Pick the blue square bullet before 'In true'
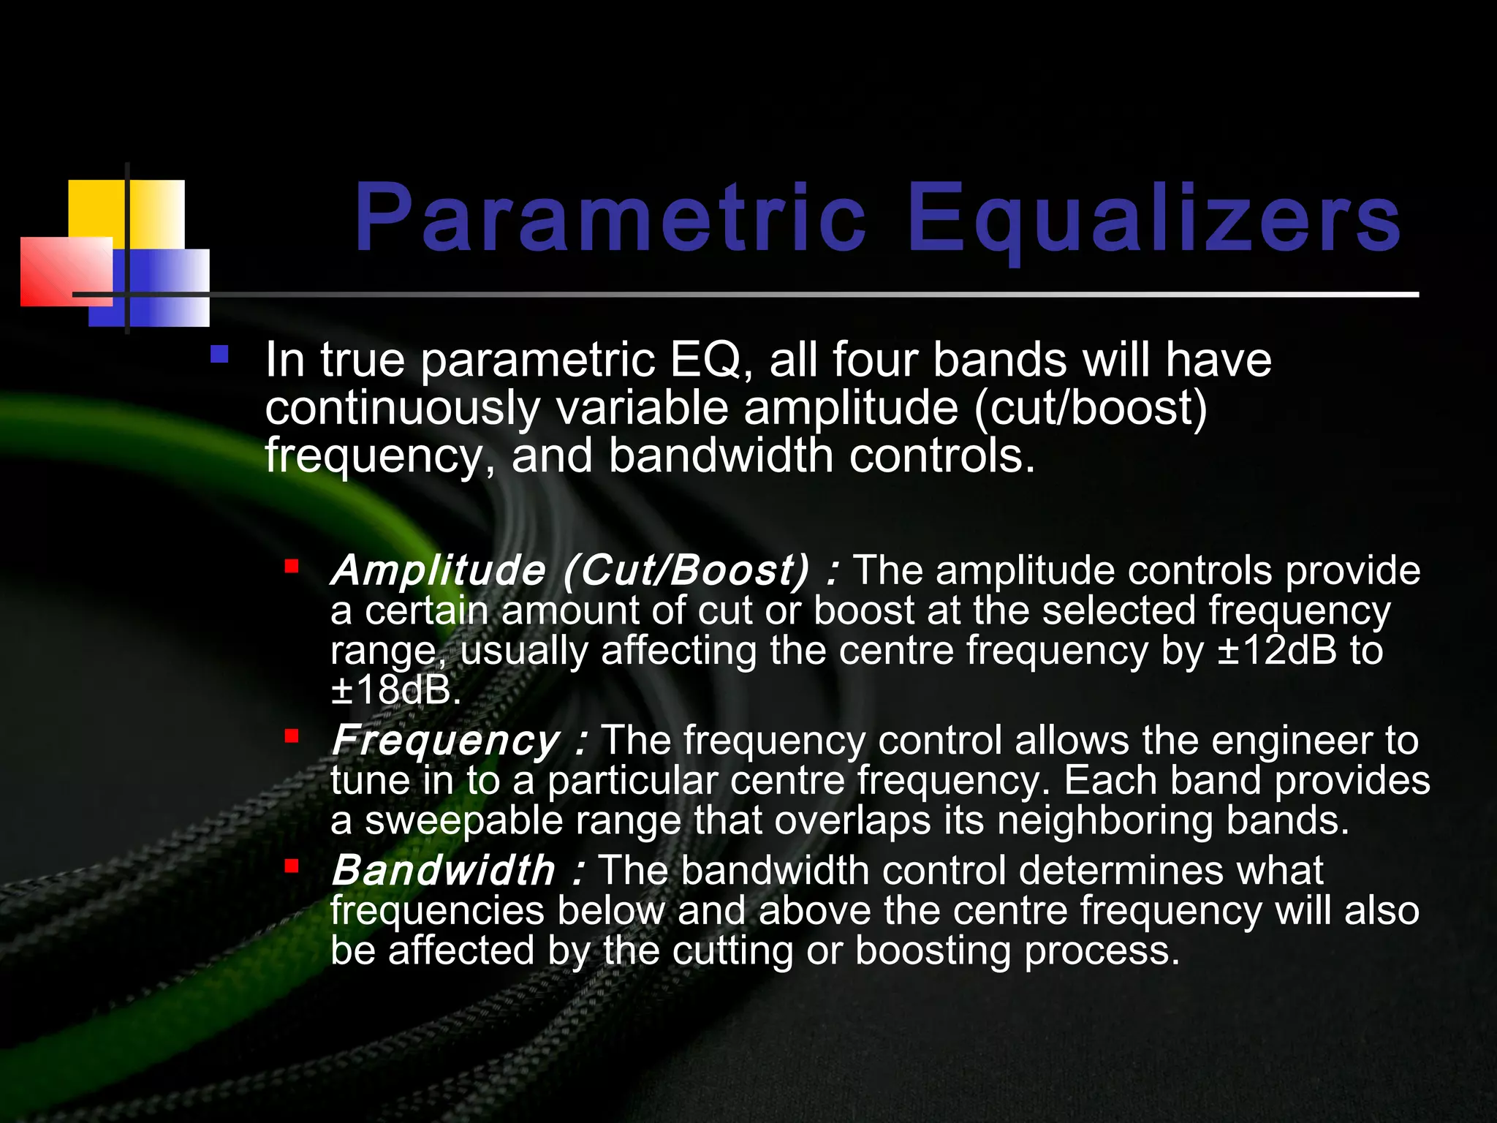point(219,355)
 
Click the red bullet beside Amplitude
point(292,566)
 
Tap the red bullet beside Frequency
point(292,736)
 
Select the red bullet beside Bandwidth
point(292,866)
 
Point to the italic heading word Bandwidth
point(444,871)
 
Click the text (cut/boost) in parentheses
point(1090,408)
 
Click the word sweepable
point(463,820)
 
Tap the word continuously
point(401,408)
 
